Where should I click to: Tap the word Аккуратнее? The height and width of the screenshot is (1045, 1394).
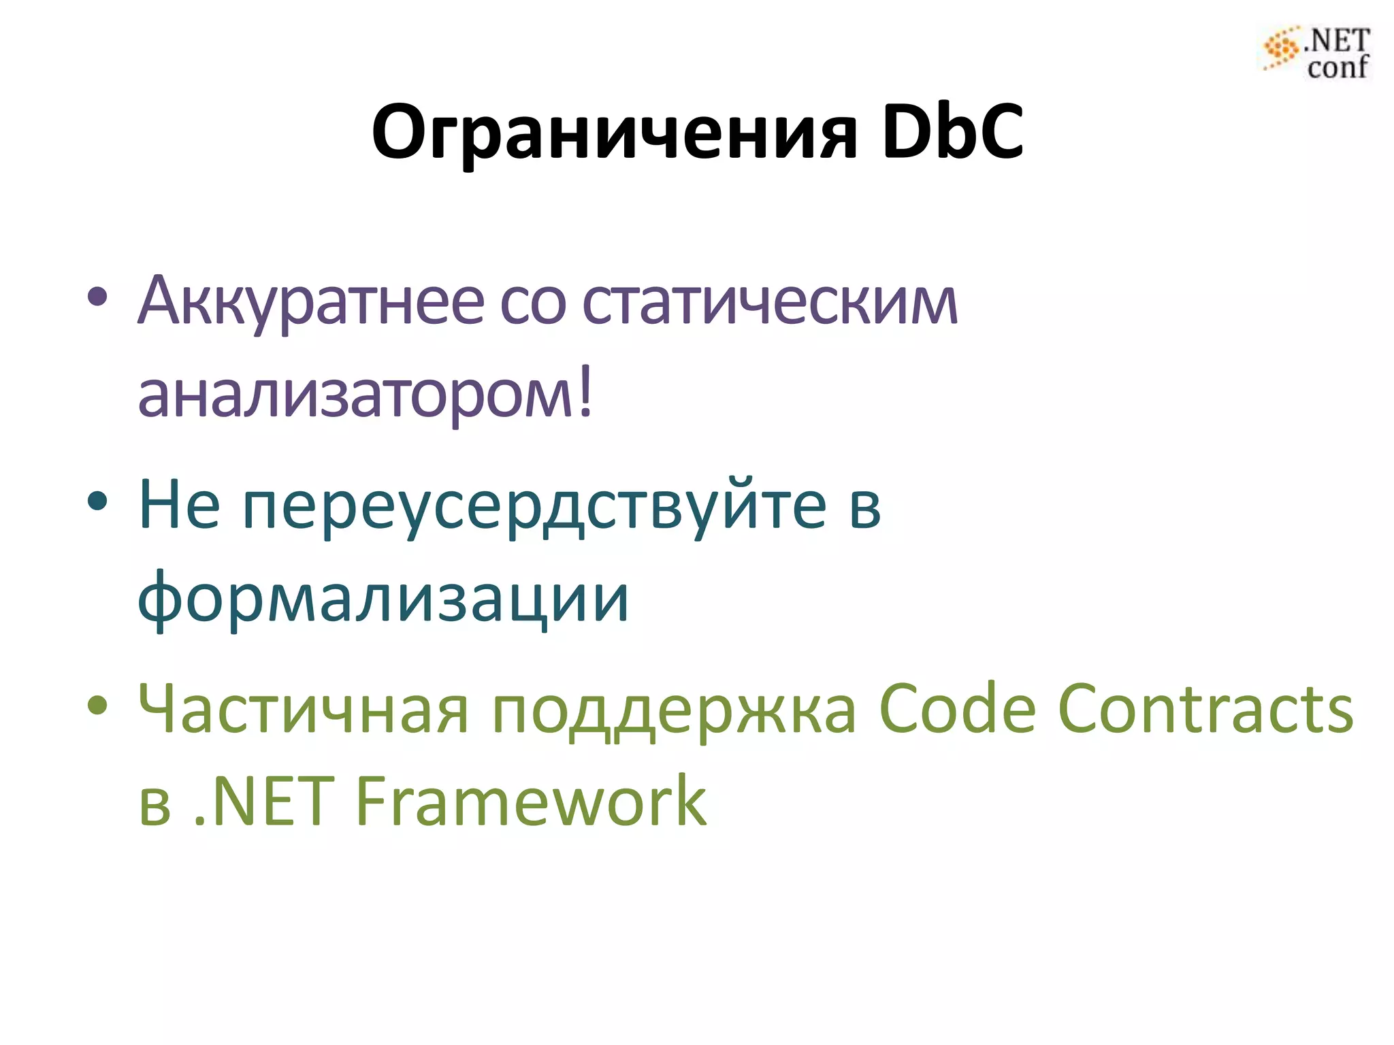pyautogui.click(x=309, y=301)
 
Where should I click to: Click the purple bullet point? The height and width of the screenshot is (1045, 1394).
pyautogui.click(x=97, y=297)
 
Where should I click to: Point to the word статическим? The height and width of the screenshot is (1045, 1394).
pyautogui.click(x=770, y=301)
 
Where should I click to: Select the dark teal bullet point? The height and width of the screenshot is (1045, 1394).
pyautogui.click(x=97, y=501)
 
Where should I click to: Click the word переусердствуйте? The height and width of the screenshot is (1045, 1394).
pyautogui.click(x=534, y=506)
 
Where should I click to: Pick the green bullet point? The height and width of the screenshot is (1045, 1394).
pyautogui.click(x=97, y=706)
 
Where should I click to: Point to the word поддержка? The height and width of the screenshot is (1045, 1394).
pyautogui.click(x=674, y=711)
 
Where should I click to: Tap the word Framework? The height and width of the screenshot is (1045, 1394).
pyautogui.click(x=532, y=802)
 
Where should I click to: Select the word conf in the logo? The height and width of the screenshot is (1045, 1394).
pyautogui.click(x=1338, y=67)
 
